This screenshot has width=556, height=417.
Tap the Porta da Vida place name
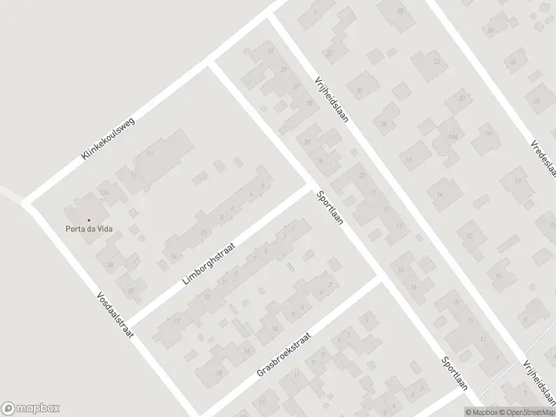90,229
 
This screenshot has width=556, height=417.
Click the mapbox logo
31,408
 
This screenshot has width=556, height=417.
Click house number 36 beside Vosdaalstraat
130,291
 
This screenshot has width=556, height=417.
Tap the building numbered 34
110,264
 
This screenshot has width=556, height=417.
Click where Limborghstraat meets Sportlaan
311,186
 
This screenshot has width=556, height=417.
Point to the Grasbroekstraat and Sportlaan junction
378,277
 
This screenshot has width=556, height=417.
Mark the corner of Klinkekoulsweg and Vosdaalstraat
28,202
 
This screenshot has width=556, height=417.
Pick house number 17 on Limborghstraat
178,320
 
